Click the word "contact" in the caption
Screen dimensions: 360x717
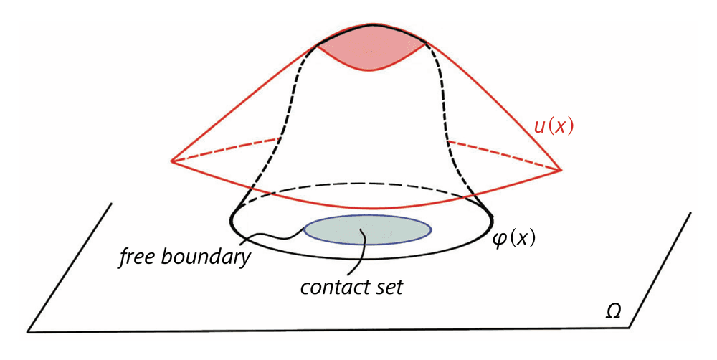(328, 289)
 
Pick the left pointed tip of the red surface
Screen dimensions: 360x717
(172, 161)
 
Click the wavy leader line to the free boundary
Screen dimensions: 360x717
(276, 235)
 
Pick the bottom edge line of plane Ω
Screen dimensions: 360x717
(323, 330)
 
